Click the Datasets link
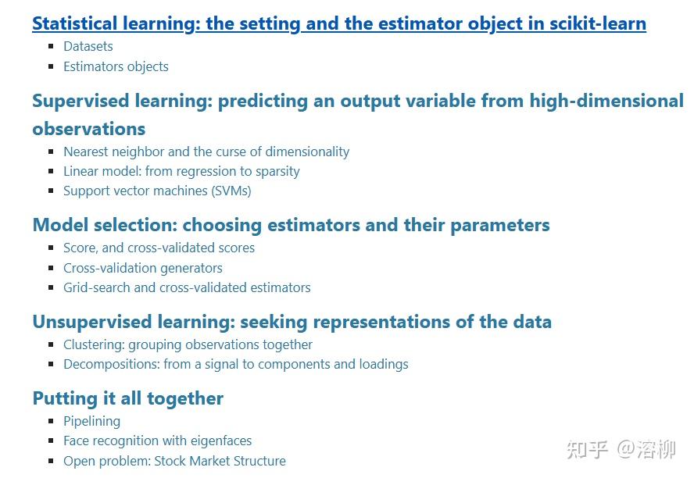(x=88, y=47)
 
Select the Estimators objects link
(x=116, y=66)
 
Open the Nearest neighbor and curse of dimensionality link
(x=206, y=152)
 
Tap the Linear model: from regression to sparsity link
(x=181, y=171)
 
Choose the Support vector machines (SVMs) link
(x=157, y=191)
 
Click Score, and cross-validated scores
(x=159, y=248)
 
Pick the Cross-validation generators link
(x=143, y=268)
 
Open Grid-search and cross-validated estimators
(x=187, y=287)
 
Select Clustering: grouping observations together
(x=188, y=344)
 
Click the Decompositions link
(x=235, y=364)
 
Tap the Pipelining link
(x=92, y=421)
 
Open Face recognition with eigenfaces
(x=157, y=441)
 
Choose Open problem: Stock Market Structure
(x=174, y=461)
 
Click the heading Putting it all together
(x=128, y=398)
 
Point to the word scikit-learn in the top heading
(x=598, y=23)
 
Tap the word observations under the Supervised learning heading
(x=89, y=129)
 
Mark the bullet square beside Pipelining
(x=51, y=421)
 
